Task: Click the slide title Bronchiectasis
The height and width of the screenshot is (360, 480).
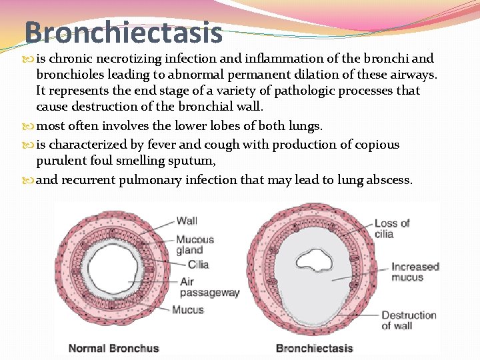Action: [123, 31]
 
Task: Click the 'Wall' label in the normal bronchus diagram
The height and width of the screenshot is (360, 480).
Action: [187, 221]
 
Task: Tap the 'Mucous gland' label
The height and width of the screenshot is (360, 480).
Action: [195, 245]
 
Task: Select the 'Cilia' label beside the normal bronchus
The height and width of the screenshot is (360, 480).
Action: [199, 264]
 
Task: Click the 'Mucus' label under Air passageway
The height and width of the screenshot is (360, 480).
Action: [188, 309]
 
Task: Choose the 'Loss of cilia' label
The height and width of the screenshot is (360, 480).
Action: [391, 228]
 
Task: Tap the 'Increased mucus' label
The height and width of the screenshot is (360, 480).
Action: [415, 271]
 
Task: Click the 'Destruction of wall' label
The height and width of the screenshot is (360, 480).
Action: [408, 320]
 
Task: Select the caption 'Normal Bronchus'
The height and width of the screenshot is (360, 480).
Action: [114, 347]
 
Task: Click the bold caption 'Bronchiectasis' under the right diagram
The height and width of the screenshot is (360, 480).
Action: [313, 347]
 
